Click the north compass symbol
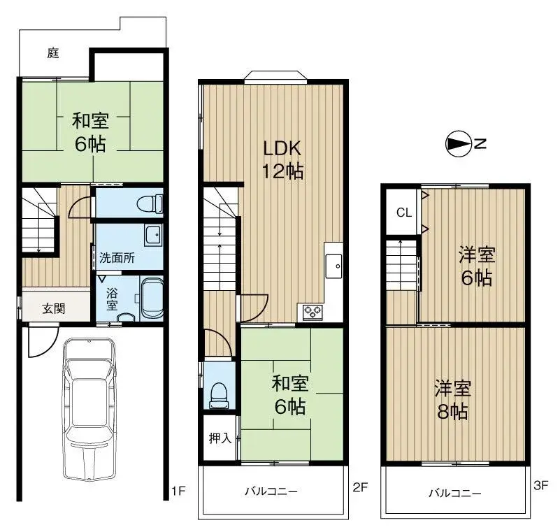[457, 145]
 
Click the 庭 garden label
[52, 53]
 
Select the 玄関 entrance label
[53, 308]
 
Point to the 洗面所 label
[117, 257]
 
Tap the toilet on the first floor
[150, 204]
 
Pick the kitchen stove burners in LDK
[311, 311]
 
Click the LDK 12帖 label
[282, 159]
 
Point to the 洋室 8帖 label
[453, 399]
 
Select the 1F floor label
[178, 490]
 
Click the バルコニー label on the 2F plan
[271, 491]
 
